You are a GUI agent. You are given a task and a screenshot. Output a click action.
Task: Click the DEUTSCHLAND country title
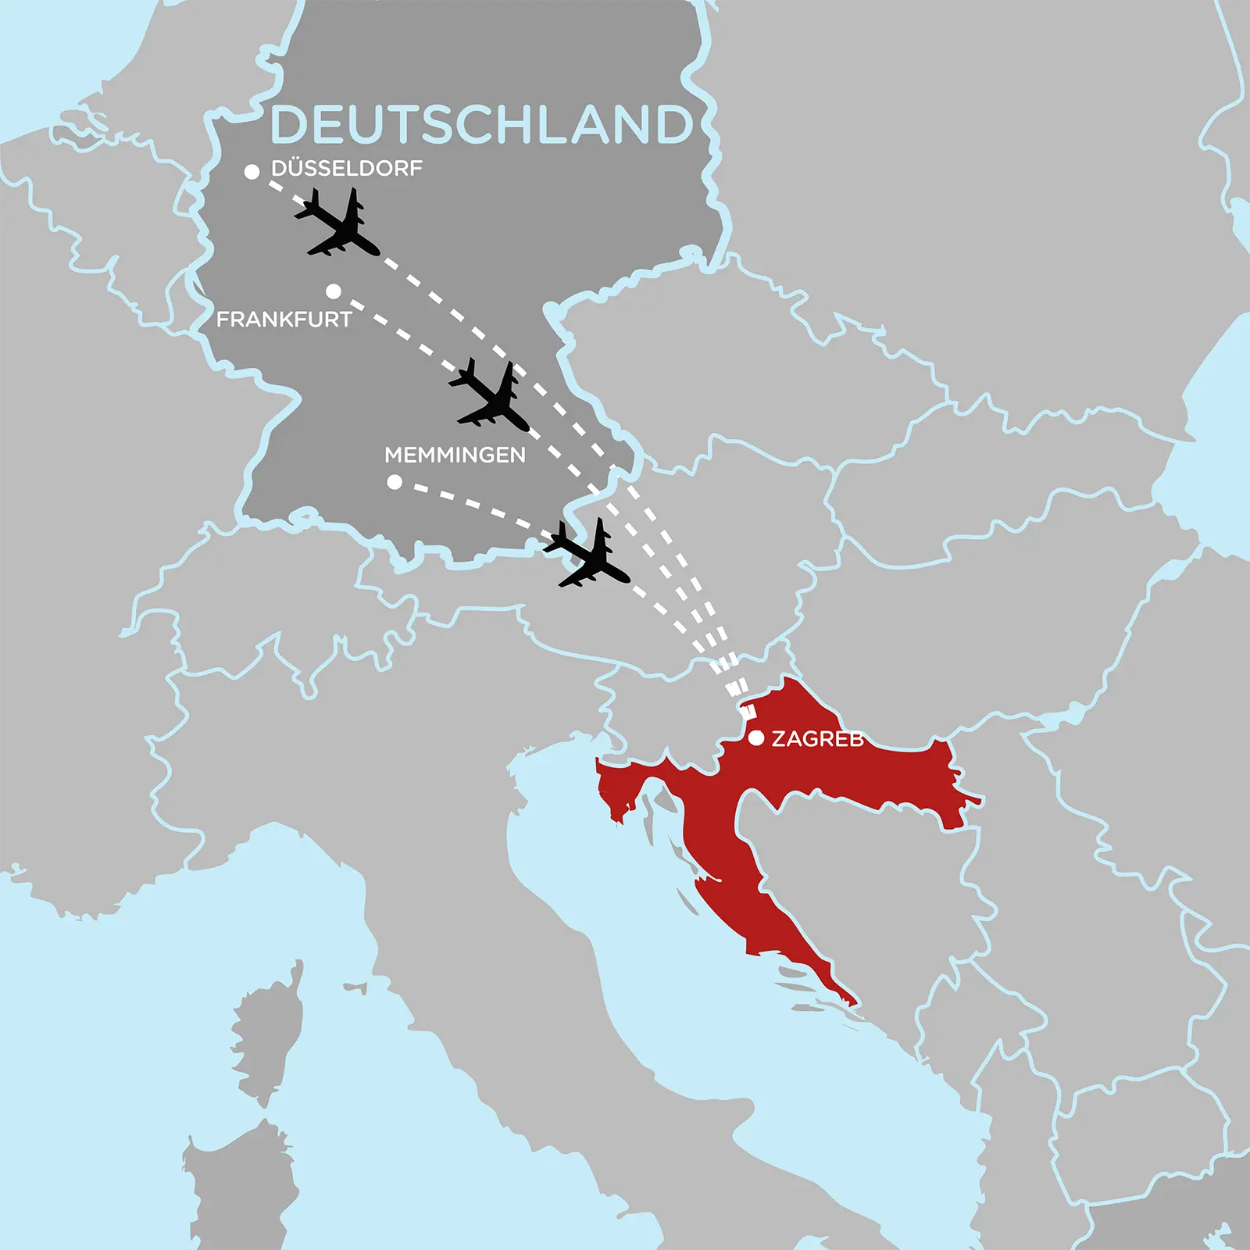(480, 125)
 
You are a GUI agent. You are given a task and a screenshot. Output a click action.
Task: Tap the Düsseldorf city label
(346, 168)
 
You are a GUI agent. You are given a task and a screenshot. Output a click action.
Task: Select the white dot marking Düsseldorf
(252, 172)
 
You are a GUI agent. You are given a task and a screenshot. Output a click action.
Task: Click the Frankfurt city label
(284, 319)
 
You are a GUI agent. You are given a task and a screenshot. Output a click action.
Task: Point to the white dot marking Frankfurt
(334, 291)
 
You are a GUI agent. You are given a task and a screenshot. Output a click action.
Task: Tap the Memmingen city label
(455, 455)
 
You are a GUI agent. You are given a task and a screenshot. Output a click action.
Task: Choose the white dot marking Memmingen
(395, 482)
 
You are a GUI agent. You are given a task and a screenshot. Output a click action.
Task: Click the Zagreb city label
(817, 738)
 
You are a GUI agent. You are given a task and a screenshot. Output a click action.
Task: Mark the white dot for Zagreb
(756, 737)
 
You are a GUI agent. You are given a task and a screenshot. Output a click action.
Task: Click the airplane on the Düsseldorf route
(337, 225)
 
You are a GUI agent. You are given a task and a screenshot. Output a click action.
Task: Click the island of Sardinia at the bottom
(234, 1195)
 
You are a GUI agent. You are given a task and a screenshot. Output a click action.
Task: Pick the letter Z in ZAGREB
(779, 738)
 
